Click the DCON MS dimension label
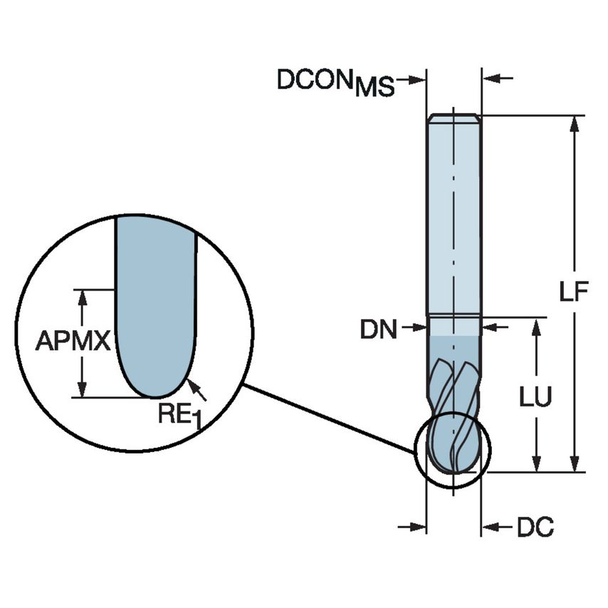coord(335,82)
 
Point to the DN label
coord(378,329)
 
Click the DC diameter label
coord(535,528)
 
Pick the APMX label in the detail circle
coord(73,342)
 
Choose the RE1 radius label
coord(175,414)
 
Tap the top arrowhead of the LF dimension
coord(575,123)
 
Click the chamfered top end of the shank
coord(453,117)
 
